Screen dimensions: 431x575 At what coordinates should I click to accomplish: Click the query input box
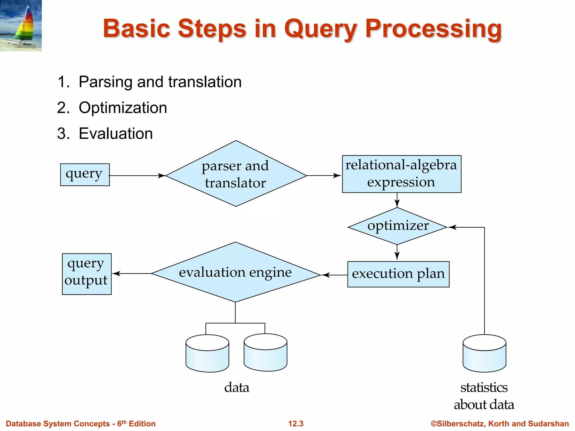(x=85, y=175)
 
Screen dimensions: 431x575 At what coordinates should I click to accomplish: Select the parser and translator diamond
(x=236, y=174)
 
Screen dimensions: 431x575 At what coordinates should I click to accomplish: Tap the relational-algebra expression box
(x=401, y=174)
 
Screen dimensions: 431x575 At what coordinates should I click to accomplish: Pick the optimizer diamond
(x=397, y=226)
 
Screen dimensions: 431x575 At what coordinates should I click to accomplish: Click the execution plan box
(x=398, y=274)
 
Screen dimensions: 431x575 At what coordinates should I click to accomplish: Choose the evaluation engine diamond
(x=236, y=272)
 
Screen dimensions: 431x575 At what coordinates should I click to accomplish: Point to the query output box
(x=87, y=274)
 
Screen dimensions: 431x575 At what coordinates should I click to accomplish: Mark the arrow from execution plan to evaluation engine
(x=334, y=275)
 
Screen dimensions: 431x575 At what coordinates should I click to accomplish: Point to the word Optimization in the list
(x=123, y=108)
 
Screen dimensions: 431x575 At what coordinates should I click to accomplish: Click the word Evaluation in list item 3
(x=116, y=134)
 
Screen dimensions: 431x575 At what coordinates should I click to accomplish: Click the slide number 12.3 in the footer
(x=296, y=423)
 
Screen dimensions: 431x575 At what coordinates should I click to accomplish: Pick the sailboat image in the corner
(x=21, y=26)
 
